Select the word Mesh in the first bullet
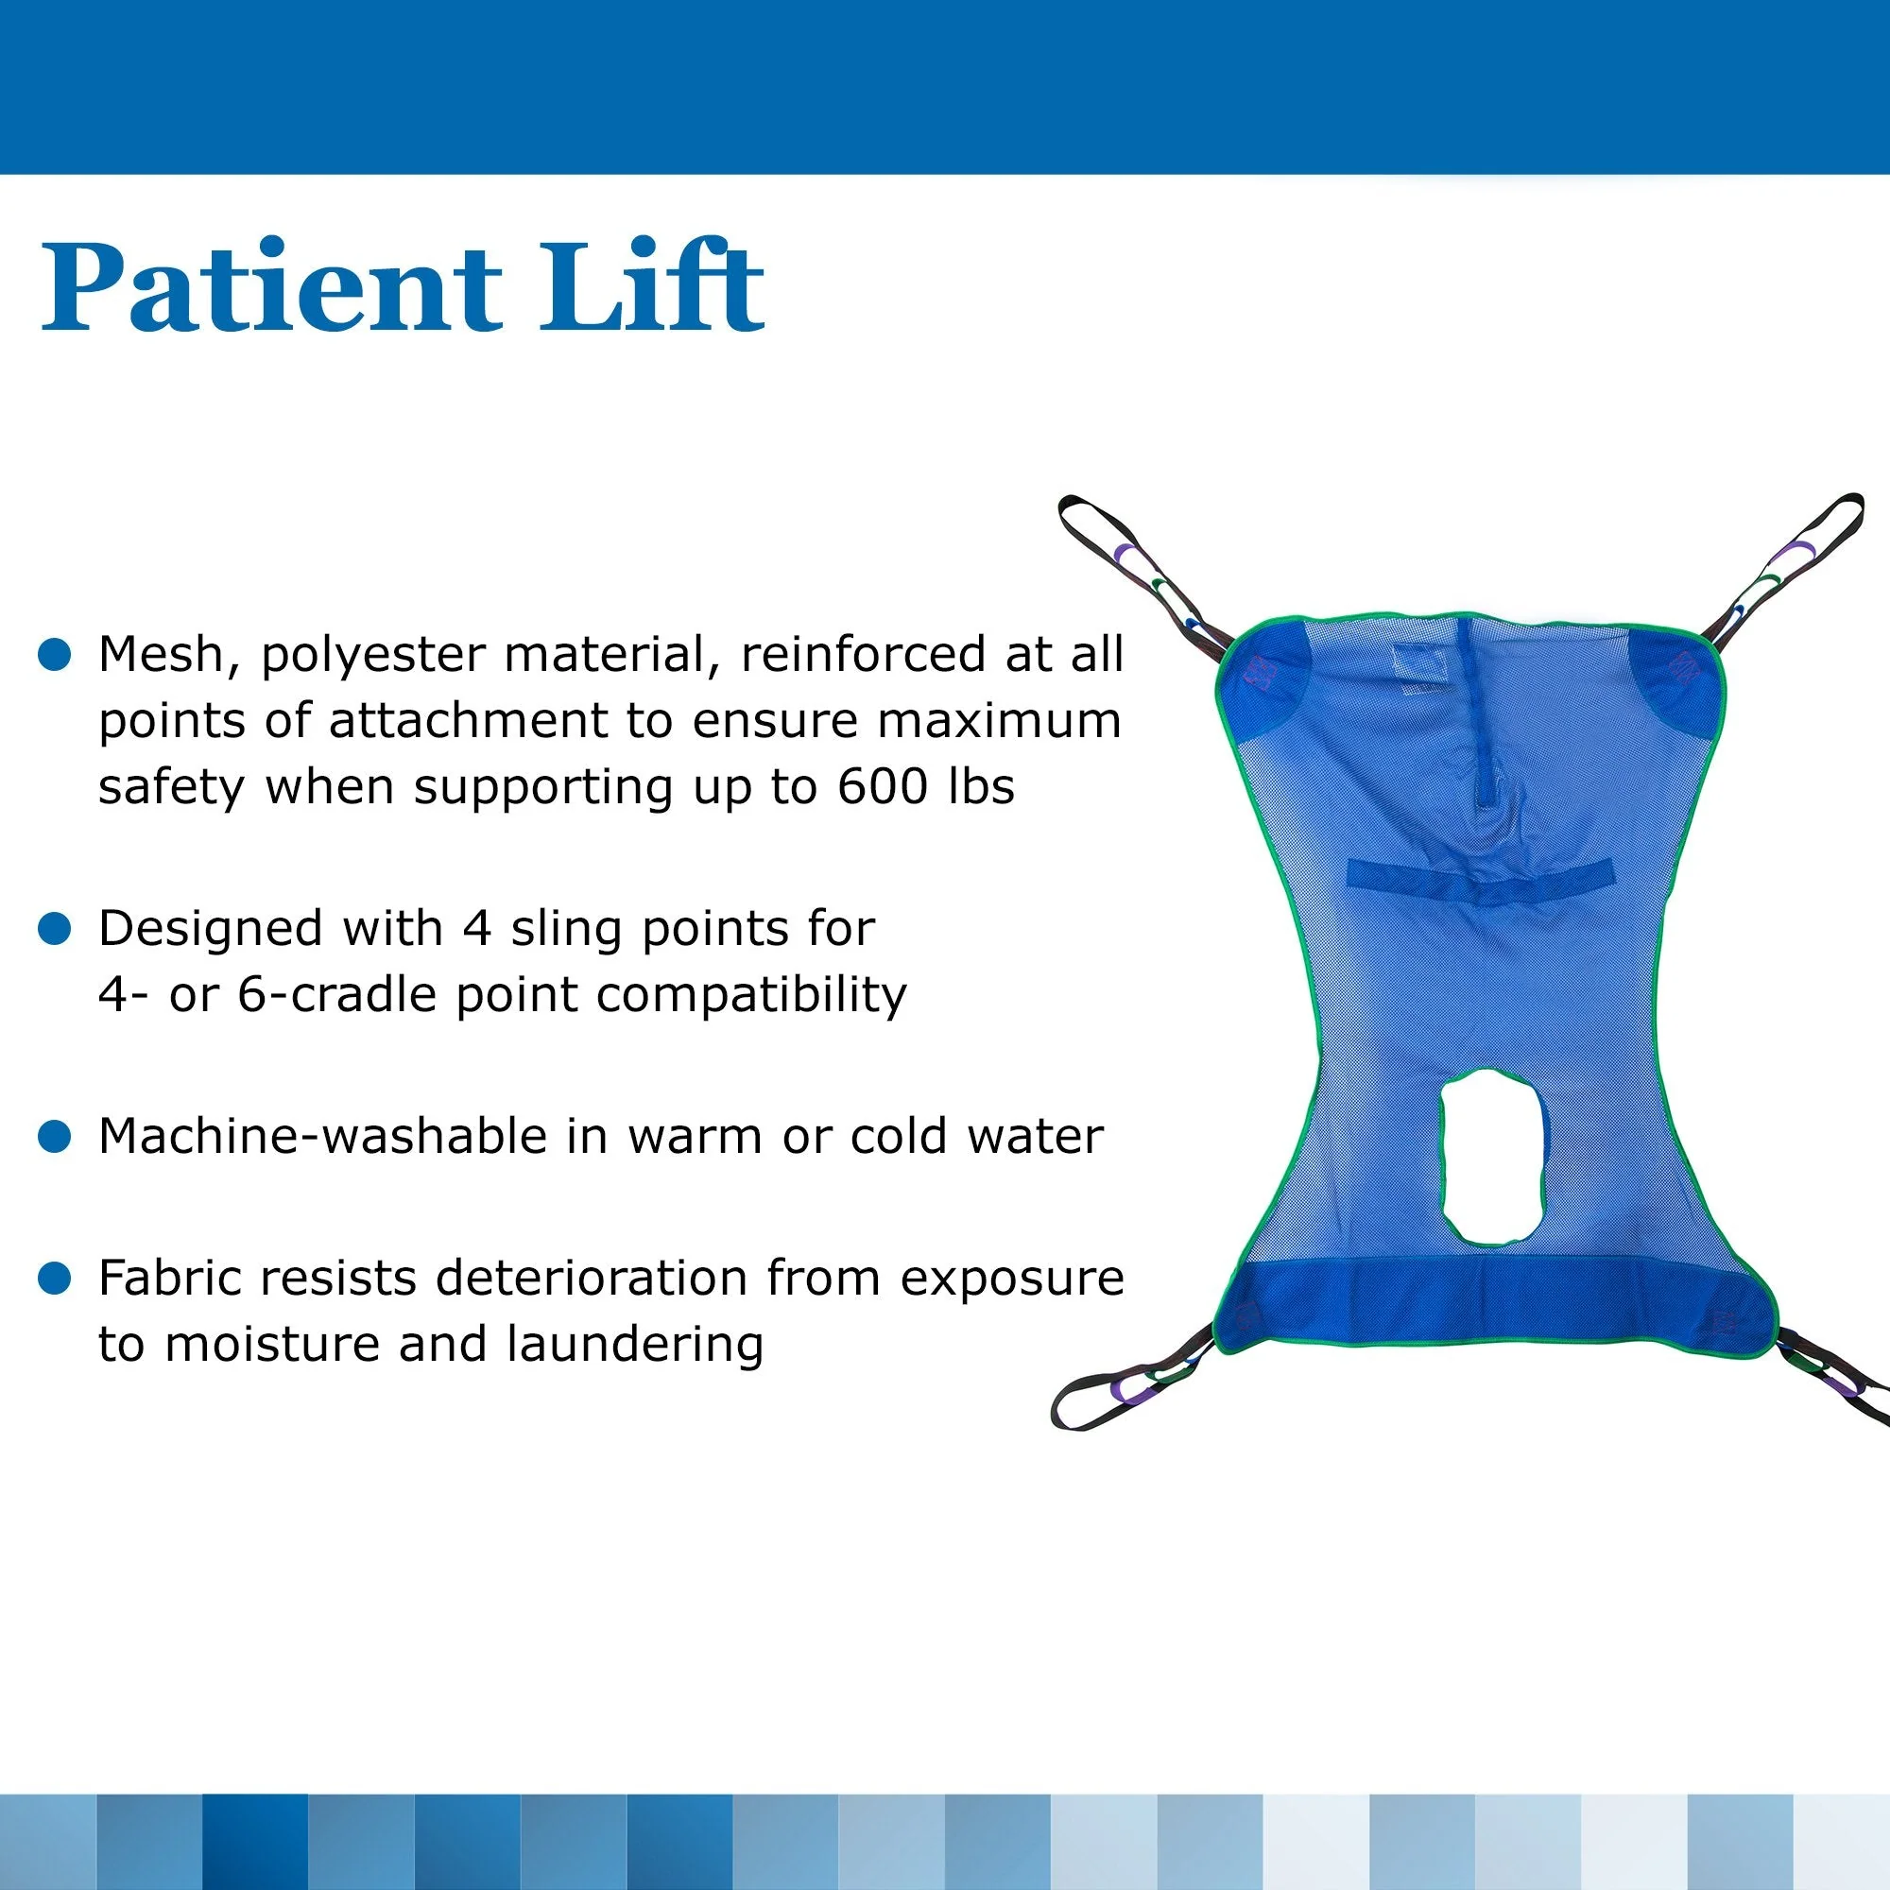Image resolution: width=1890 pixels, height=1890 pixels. tap(168, 655)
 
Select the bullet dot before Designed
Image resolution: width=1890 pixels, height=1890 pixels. tap(56, 928)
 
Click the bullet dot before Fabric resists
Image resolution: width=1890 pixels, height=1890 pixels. tap(56, 1278)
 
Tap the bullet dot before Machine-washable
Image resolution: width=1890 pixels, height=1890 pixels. tap(56, 1137)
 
